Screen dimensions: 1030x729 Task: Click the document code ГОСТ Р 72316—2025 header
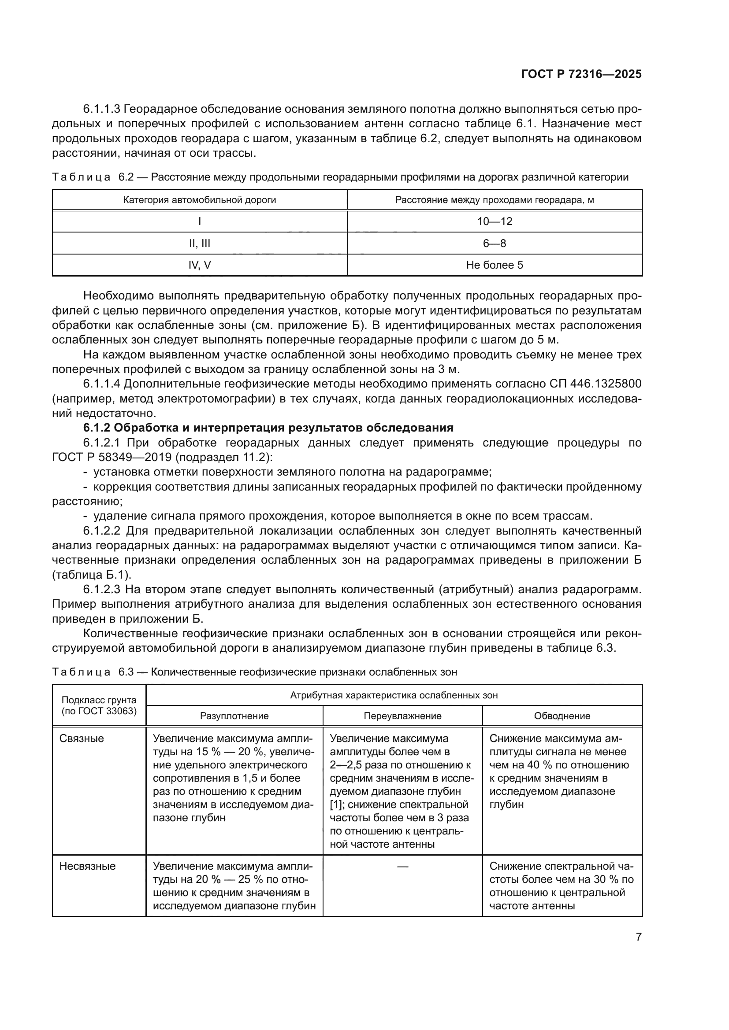click(x=581, y=74)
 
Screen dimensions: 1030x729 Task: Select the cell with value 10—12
click(x=494, y=221)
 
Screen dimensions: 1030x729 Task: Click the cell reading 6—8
click(x=494, y=243)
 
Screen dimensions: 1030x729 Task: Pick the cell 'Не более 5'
click(x=494, y=265)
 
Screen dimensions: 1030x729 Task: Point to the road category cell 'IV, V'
click(x=199, y=265)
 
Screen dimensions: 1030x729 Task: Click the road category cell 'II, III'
click(x=199, y=243)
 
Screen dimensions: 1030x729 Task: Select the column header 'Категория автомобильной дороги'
click(x=199, y=199)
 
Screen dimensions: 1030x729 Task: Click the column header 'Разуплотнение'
click(x=234, y=716)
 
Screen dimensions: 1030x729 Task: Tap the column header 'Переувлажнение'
click(x=402, y=716)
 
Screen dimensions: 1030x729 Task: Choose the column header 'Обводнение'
click(x=562, y=716)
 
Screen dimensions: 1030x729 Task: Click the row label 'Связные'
click(x=81, y=738)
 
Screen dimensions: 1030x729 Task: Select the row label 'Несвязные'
click(x=87, y=866)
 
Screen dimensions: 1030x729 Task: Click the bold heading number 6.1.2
click(x=97, y=428)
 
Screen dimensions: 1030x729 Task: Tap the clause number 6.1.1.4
click(x=101, y=384)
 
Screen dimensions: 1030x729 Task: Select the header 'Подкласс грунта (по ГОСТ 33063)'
click(x=99, y=705)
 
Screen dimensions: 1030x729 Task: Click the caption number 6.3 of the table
click(x=126, y=672)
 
